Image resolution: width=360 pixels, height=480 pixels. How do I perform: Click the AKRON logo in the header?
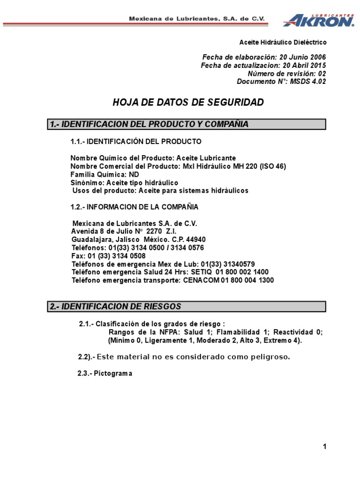coord(318,20)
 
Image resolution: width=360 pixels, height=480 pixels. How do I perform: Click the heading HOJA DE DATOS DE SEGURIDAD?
coord(188,103)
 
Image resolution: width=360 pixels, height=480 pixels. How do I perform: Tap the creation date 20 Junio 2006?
coord(303,57)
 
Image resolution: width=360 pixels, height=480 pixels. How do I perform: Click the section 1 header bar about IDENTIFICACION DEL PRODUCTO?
coord(187,124)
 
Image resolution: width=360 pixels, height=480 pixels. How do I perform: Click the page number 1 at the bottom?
coord(324,447)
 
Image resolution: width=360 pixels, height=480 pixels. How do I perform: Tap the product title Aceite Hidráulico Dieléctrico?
coord(283,42)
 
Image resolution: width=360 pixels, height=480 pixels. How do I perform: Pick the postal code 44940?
coord(196,239)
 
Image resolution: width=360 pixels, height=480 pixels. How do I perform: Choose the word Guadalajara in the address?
coord(92,239)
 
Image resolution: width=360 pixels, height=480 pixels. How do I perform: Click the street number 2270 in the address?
coord(154,231)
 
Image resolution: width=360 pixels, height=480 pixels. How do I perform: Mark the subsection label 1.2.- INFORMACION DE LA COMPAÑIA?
coord(134,207)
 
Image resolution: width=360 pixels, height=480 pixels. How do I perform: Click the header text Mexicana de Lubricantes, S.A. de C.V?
coord(197,18)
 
